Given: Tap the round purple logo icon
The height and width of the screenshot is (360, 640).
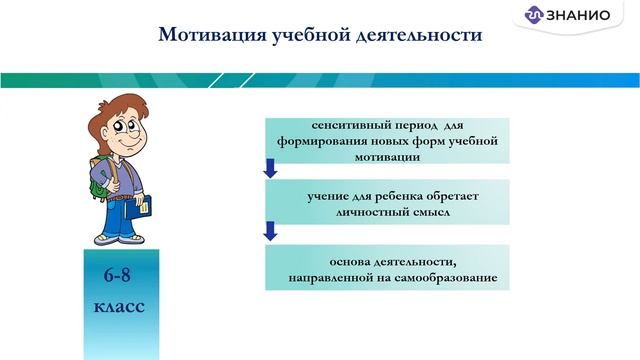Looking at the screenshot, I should [x=534, y=16].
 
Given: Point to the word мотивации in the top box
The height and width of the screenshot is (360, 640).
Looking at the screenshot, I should [x=386, y=156].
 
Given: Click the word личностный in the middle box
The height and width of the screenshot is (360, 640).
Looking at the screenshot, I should [x=359, y=211].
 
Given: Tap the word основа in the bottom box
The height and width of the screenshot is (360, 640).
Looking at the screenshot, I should [x=335, y=260].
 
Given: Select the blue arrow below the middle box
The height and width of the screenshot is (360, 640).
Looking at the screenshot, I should [x=270, y=232].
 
